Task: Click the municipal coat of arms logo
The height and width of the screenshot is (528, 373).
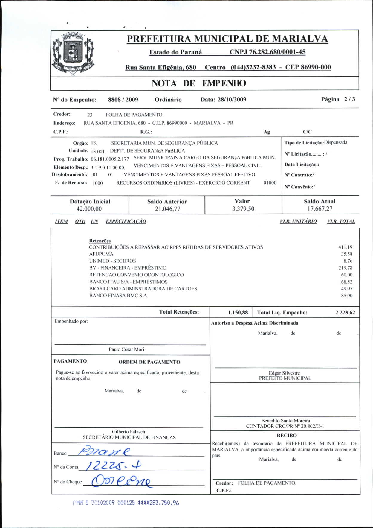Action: point(73,54)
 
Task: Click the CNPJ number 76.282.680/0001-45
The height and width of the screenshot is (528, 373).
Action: point(267,52)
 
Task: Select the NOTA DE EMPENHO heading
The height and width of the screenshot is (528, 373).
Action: point(199,83)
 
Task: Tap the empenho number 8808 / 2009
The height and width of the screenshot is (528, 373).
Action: point(123,100)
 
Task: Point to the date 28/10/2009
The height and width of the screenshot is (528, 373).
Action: point(232,100)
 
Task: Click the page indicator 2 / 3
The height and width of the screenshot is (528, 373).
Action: point(349,99)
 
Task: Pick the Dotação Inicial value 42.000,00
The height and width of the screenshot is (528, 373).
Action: point(89,209)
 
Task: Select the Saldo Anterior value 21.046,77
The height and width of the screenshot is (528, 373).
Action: point(167,209)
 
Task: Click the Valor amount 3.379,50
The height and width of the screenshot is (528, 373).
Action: point(243,209)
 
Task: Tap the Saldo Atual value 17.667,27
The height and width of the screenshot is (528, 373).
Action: point(320,209)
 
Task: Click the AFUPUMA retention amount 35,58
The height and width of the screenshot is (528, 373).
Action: point(347,254)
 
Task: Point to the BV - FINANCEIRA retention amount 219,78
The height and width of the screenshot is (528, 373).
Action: point(346,268)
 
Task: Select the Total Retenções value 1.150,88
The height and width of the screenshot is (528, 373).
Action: point(238,313)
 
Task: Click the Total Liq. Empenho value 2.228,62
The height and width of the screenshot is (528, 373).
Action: point(345,313)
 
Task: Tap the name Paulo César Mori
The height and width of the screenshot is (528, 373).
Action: point(126,349)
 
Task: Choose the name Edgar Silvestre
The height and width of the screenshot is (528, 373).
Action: point(284,373)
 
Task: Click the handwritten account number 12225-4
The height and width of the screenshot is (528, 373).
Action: point(114,465)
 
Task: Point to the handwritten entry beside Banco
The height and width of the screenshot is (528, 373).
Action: point(105,451)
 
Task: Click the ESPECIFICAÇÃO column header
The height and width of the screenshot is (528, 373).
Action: point(126,221)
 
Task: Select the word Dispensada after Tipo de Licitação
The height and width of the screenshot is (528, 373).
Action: point(336,142)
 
